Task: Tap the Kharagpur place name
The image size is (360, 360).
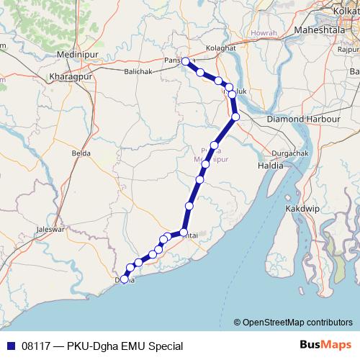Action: coord(71,76)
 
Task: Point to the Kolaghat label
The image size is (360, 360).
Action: coord(220,48)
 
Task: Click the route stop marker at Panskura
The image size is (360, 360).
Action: coord(186,61)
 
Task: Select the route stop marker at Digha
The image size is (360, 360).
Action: coord(125,279)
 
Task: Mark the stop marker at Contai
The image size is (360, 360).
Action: coord(184,233)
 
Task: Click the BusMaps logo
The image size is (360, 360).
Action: coord(326,346)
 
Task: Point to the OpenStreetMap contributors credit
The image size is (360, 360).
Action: coord(293,322)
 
